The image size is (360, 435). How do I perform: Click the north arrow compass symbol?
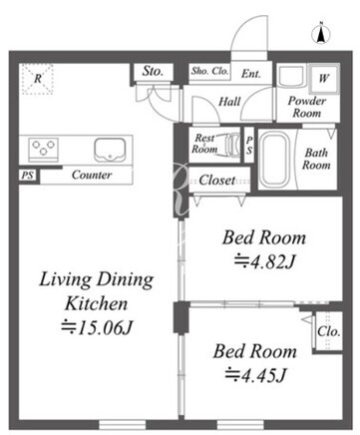click(320, 34)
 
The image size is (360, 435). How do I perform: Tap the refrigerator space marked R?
click(38, 79)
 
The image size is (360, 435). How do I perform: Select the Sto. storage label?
click(153, 71)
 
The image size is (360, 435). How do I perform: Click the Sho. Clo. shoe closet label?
click(209, 71)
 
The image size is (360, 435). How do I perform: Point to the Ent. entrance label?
click(251, 73)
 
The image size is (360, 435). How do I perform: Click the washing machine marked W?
click(323, 79)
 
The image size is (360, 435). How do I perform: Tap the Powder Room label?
click(307, 107)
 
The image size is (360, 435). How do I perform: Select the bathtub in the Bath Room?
click(274, 160)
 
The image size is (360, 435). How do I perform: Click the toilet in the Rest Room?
click(232, 145)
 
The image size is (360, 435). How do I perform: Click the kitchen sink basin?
click(110, 150)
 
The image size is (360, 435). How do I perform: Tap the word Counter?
click(92, 175)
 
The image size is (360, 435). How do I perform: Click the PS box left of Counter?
click(28, 176)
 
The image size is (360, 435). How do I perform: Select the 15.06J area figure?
click(97, 328)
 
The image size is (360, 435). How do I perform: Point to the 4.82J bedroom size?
click(264, 262)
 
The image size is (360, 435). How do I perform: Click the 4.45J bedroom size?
click(255, 375)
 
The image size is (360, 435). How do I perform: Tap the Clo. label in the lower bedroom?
click(328, 331)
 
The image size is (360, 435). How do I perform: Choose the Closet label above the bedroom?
click(217, 181)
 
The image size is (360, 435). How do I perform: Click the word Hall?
click(229, 102)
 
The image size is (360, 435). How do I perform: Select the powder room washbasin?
click(291, 76)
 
